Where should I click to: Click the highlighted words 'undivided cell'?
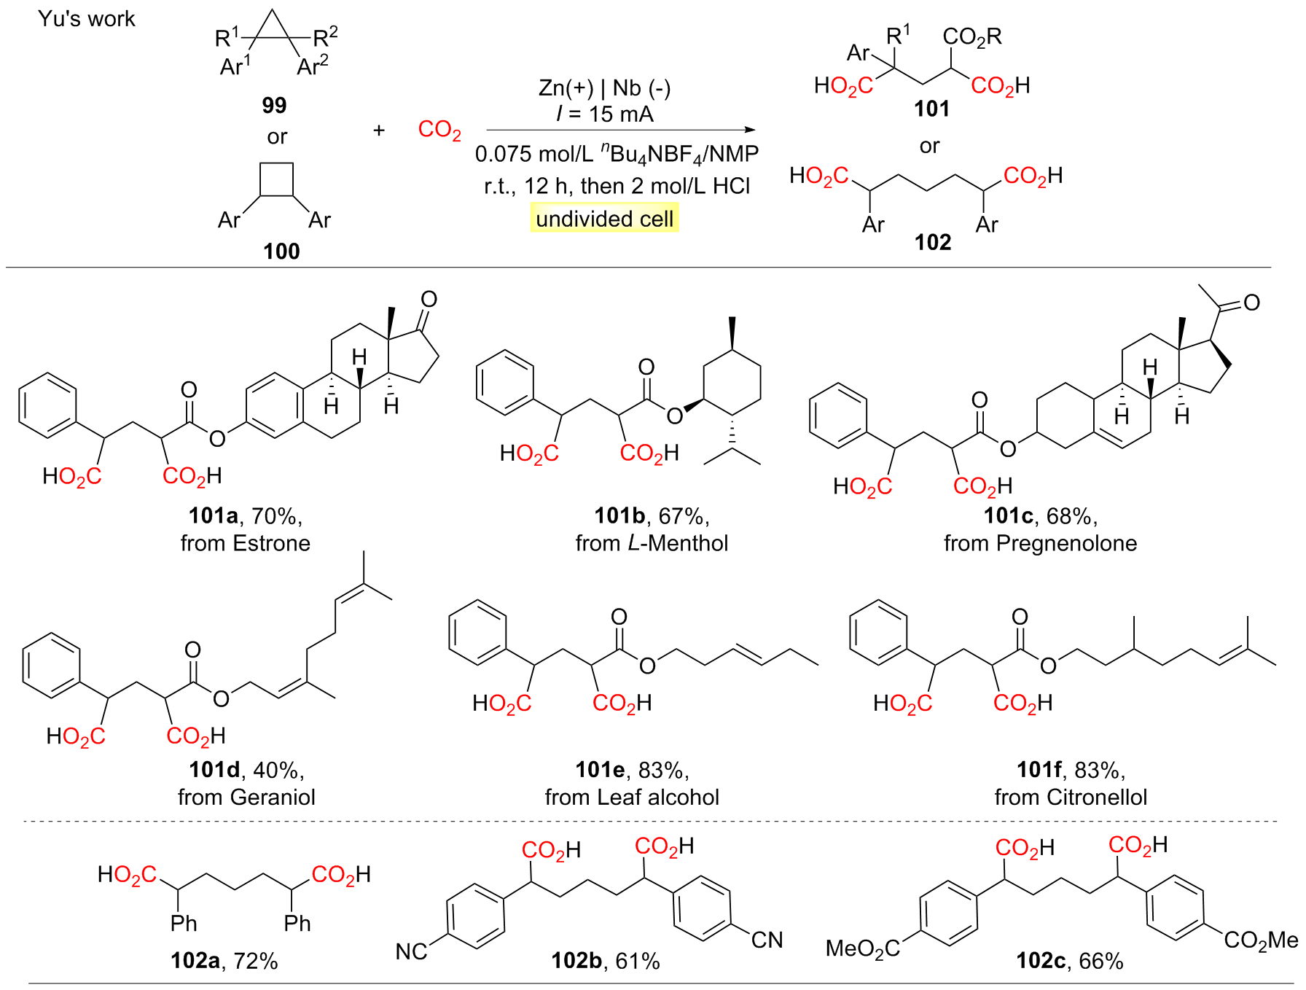coord(604,219)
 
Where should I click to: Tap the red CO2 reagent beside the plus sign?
coord(439,130)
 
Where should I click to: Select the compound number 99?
coord(274,106)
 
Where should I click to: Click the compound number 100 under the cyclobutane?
coord(281,252)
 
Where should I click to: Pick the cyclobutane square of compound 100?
coord(277,179)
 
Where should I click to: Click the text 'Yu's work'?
coord(87,19)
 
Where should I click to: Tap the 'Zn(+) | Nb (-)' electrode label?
coord(604,88)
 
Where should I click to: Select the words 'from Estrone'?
coord(246,543)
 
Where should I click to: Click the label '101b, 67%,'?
coord(652,516)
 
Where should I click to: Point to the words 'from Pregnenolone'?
coord(1040,543)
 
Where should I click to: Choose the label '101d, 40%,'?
coord(246,770)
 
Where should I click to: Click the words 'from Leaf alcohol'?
coord(632,797)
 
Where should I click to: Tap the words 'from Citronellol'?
coord(1071,797)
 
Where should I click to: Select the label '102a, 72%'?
coord(224,961)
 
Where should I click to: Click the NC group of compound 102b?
coord(412,951)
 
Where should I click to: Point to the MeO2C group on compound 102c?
coord(863,948)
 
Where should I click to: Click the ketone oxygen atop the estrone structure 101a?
coord(429,299)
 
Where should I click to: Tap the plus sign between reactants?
coord(379,130)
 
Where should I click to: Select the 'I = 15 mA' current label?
coord(605,114)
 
